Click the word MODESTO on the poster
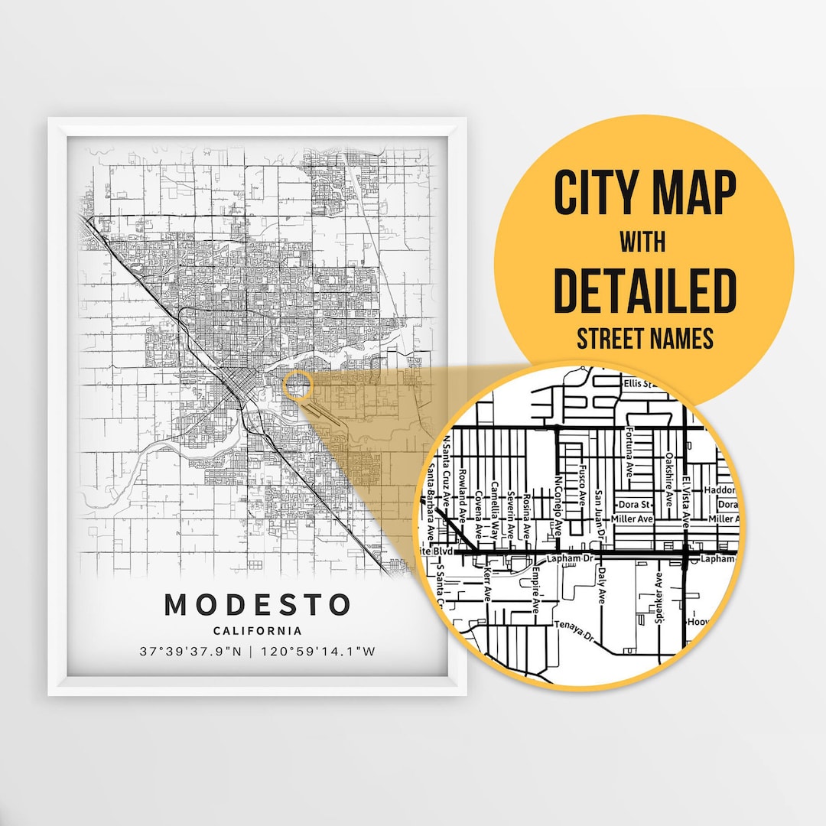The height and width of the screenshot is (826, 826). click(x=258, y=605)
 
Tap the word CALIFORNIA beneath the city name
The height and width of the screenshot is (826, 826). click(x=258, y=631)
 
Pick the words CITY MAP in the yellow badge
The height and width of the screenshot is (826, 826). click(x=644, y=193)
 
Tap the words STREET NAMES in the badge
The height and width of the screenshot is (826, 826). click(x=644, y=339)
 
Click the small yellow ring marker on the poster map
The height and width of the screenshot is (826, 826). click(x=297, y=385)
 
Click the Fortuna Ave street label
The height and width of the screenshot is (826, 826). click(x=629, y=452)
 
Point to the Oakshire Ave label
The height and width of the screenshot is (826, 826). click(x=669, y=475)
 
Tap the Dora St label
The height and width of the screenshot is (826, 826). click(x=634, y=505)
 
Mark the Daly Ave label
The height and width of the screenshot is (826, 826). click(x=602, y=586)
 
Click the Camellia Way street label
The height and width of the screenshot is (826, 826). click(x=495, y=509)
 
